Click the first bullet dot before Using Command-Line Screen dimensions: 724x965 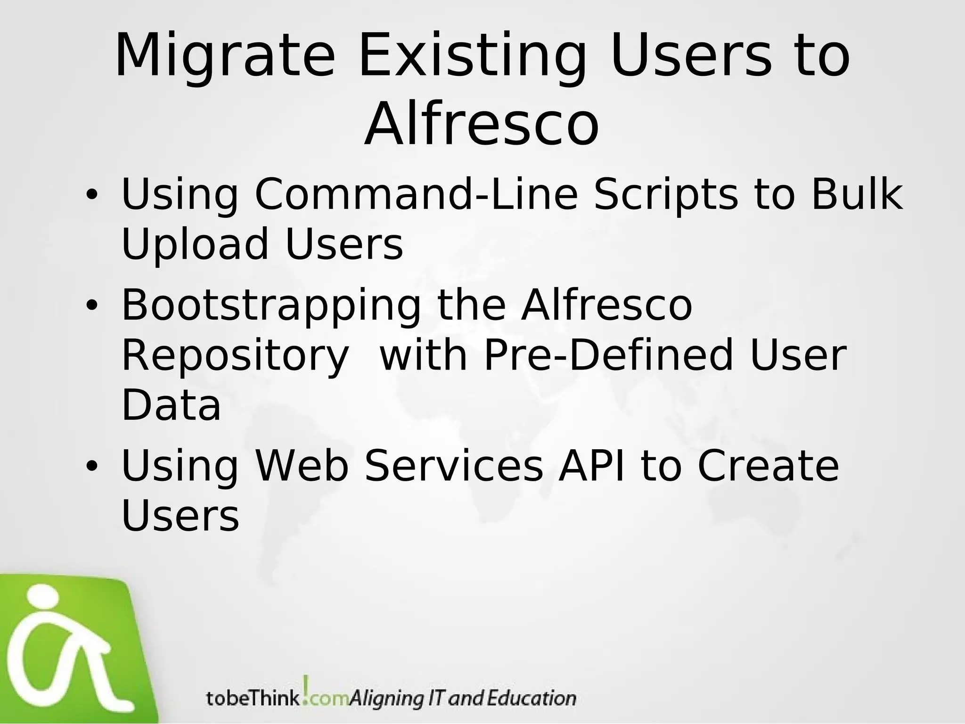coord(91,196)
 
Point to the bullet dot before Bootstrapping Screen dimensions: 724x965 coord(91,307)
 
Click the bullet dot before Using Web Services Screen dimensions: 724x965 coord(91,466)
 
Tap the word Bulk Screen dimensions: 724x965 coord(857,194)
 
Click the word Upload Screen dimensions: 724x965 coord(195,245)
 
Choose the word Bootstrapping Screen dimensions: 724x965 coord(271,307)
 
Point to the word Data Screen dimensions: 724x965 coord(171,405)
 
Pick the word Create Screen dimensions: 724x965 coord(768,466)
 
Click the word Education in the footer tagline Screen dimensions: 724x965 coord(531,698)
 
